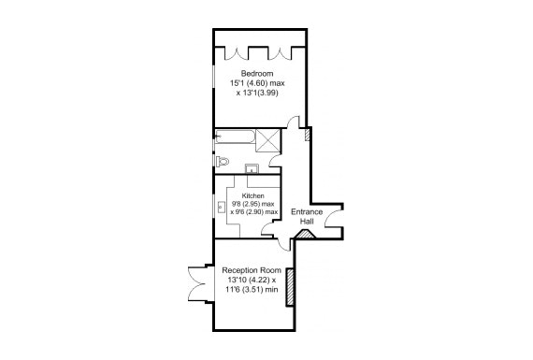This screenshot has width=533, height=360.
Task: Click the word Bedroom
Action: click(x=256, y=74)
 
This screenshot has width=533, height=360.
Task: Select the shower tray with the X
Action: click(x=268, y=140)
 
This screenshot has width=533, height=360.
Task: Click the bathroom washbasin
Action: click(x=252, y=168)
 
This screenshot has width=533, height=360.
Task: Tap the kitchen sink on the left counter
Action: click(x=222, y=206)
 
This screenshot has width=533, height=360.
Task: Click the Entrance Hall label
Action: click(x=307, y=215)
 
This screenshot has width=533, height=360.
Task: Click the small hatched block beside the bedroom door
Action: click(x=308, y=135)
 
